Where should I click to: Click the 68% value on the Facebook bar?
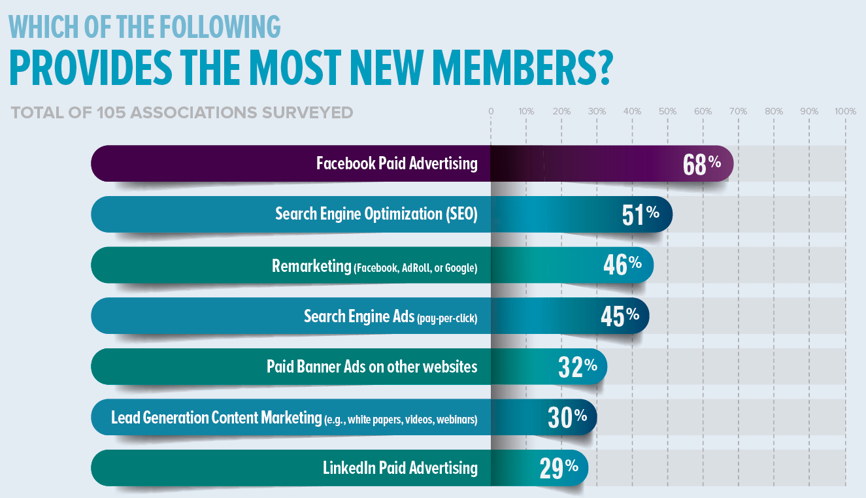pyautogui.click(x=701, y=164)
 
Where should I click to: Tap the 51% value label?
pyautogui.click(x=640, y=215)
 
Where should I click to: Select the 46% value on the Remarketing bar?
pyautogui.click(x=622, y=265)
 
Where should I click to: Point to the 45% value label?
pyautogui.click(x=619, y=316)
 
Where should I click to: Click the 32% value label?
pyautogui.click(x=577, y=367)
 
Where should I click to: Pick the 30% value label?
pyautogui.click(x=567, y=417)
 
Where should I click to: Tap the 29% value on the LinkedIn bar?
pyautogui.click(x=558, y=468)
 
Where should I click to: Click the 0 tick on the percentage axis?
pyautogui.click(x=491, y=112)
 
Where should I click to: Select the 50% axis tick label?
pyautogui.click(x=667, y=112)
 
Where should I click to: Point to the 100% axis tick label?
pyautogui.click(x=845, y=112)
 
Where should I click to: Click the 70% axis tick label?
pyautogui.click(x=738, y=112)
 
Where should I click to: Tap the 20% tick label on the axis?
pyautogui.click(x=561, y=112)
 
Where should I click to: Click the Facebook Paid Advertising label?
pyautogui.click(x=397, y=163)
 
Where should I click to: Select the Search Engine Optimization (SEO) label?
pyautogui.click(x=376, y=214)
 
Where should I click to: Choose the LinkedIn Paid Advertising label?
pyautogui.click(x=400, y=468)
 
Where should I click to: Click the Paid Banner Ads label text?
pyautogui.click(x=372, y=367)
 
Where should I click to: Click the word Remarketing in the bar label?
pyautogui.click(x=312, y=266)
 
